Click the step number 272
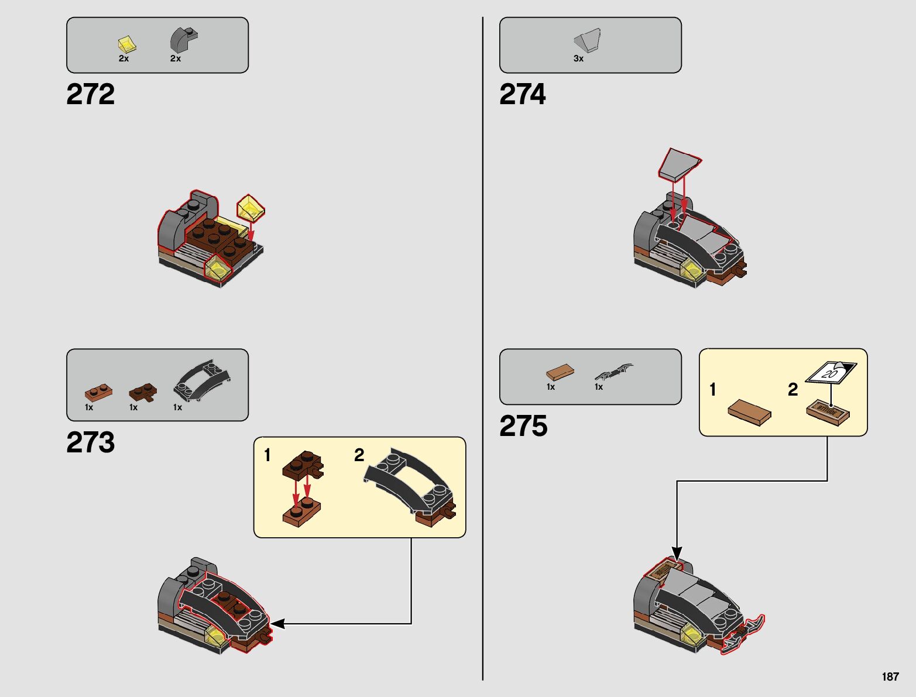coord(91,94)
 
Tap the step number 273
coord(91,442)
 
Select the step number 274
coord(523,94)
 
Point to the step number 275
coord(523,426)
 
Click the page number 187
coord(890,677)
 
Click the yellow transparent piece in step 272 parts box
coord(126,44)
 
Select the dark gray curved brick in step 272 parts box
coord(183,40)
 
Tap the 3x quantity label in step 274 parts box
coord(578,59)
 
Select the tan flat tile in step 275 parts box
coord(560,372)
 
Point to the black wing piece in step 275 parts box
coord(614,372)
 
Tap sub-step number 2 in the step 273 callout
coord(359,455)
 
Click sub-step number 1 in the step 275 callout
coord(712,389)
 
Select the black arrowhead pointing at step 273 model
coord(277,624)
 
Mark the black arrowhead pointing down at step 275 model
coord(677,553)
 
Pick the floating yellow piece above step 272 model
coord(251,208)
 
